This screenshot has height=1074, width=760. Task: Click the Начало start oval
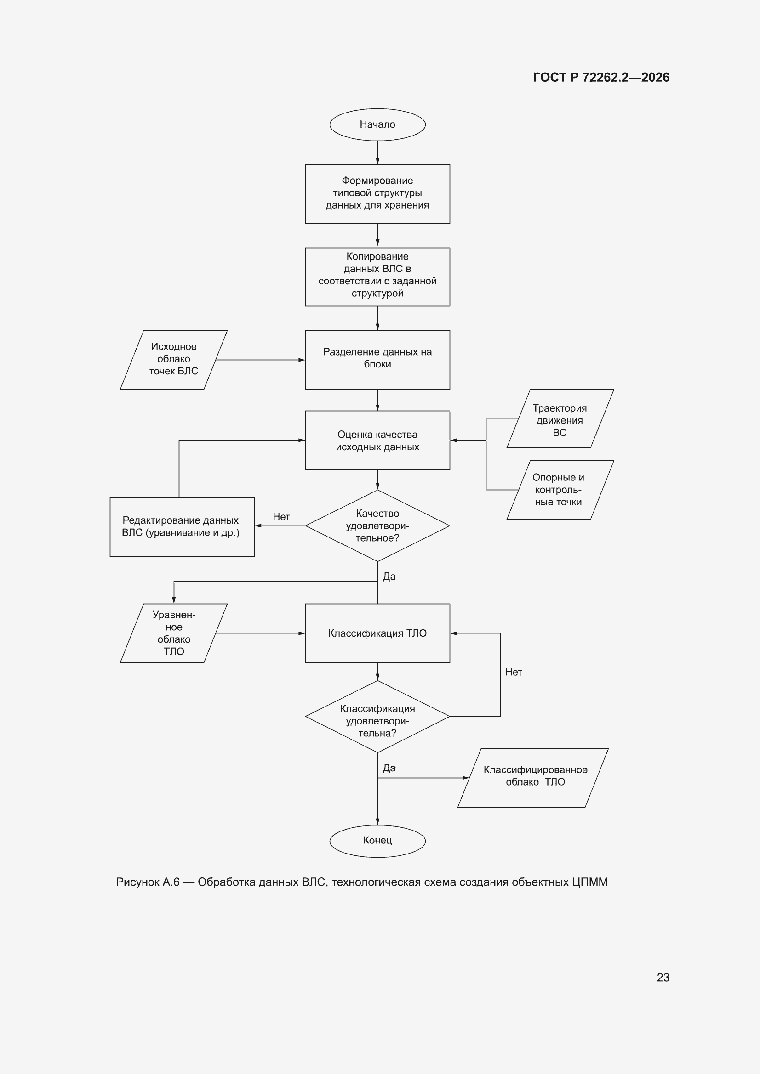[x=377, y=124]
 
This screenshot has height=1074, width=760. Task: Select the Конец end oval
[x=377, y=841]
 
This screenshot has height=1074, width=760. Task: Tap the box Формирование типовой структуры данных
[x=377, y=194]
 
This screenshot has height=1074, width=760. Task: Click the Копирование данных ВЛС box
[x=377, y=277]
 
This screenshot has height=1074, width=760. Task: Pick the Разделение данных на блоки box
[x=377, y=360]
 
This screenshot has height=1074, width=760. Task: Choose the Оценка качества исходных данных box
[x=377, y=440]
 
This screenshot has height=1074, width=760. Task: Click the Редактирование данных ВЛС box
[x=182, y=527]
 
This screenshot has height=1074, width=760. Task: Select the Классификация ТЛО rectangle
[x=377, y=633]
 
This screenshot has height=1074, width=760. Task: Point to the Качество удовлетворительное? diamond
[x=377, y=526]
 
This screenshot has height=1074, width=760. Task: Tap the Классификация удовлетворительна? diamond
[x=377, y=716]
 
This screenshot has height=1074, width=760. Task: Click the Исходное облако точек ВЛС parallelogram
[x=174, y=360]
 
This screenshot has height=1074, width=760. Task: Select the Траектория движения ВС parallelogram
[x=560, y=418]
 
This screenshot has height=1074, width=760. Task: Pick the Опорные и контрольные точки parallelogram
[x=560, y=490]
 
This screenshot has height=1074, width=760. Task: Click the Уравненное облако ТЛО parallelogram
[x=174, y=633]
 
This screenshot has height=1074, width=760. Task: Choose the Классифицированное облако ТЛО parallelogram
[x=533, y=778]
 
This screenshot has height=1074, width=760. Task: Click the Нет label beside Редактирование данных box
[x=281, y=516]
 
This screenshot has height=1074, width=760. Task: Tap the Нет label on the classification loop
[x=514, y=672]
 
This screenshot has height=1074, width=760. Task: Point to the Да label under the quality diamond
[x=389, y=577]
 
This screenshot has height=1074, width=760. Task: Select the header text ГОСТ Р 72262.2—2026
[x=601, y=77]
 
